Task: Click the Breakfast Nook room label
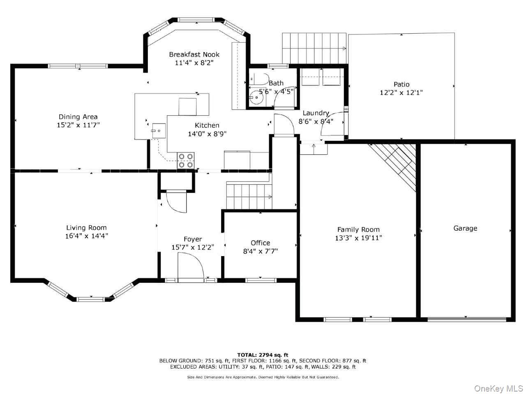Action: pos(194,54)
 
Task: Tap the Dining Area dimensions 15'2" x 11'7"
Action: pos(78,125)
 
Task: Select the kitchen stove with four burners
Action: pos(185,160)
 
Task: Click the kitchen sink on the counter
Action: pos(158,131)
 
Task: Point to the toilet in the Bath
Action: pos(259,79)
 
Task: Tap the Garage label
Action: pos(465,228)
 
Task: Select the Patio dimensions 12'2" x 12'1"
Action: pos(401,93)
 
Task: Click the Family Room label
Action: pos(358,229)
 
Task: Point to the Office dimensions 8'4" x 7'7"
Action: pos(260,251)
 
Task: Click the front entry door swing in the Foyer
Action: pos(191,266)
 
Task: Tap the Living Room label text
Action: pos(86,227)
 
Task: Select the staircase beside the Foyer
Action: pos(249,196)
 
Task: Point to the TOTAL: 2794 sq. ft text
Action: pos(263,355)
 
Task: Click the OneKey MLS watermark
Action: pos(498,388)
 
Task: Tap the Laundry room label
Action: pos(316,113)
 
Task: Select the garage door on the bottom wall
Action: pos(466,319)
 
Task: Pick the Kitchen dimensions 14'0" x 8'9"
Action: pos(207,134)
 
